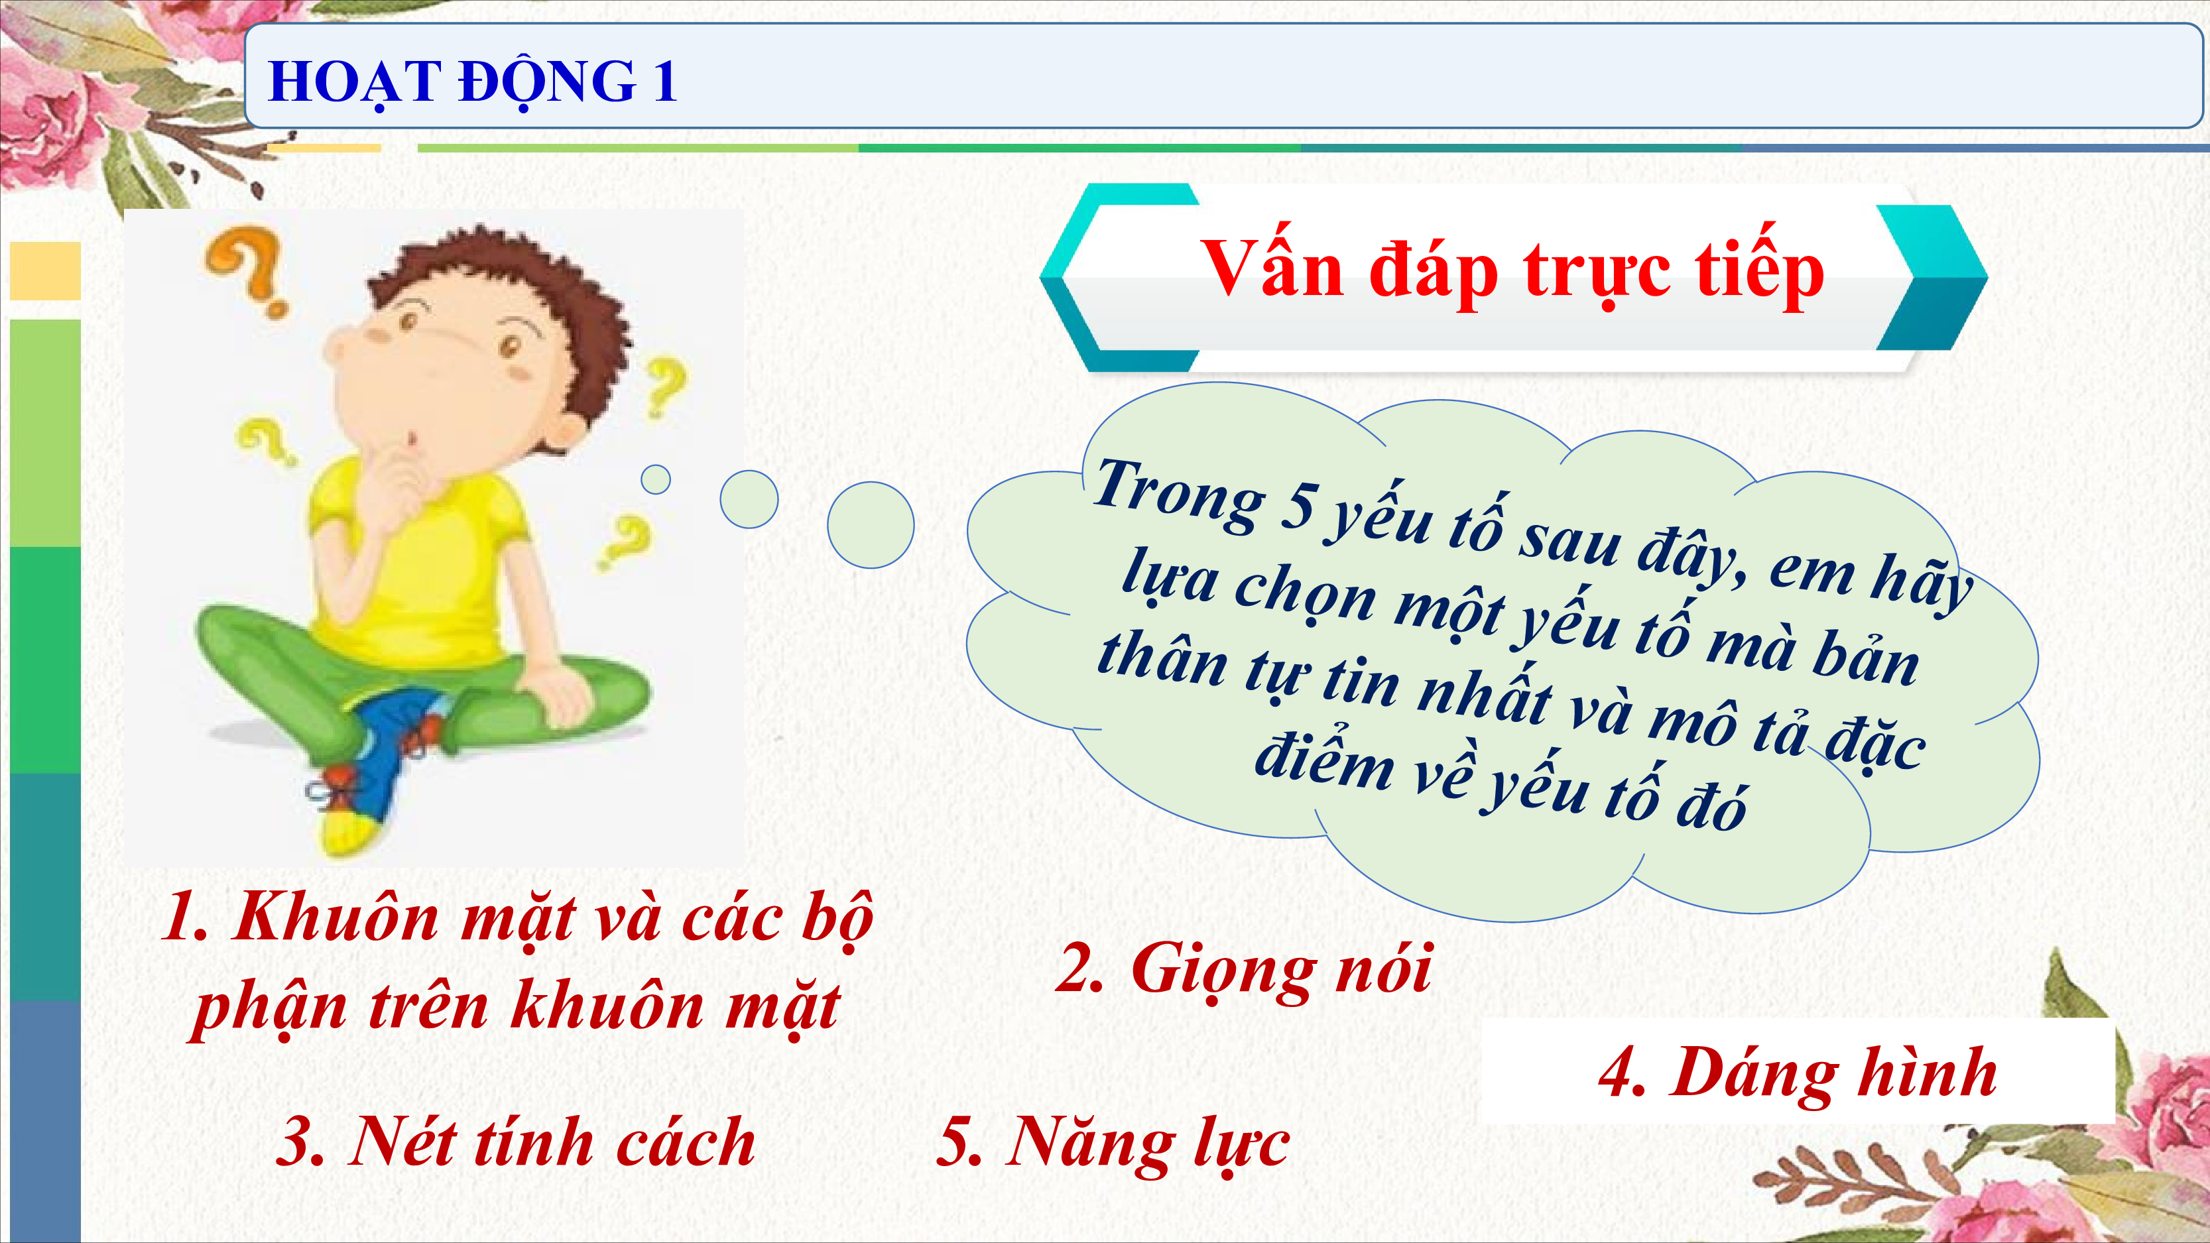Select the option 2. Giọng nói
tap(1243, 969)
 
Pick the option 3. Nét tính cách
tap(516, 1141)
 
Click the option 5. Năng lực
tap(1113, 1144)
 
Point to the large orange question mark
tap(249, 270)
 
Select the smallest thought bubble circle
tap(656, 479)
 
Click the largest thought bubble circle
tap(870, 524)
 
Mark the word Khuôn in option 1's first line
tap(336, 917)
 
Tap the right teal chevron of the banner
tap(1930, 277)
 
